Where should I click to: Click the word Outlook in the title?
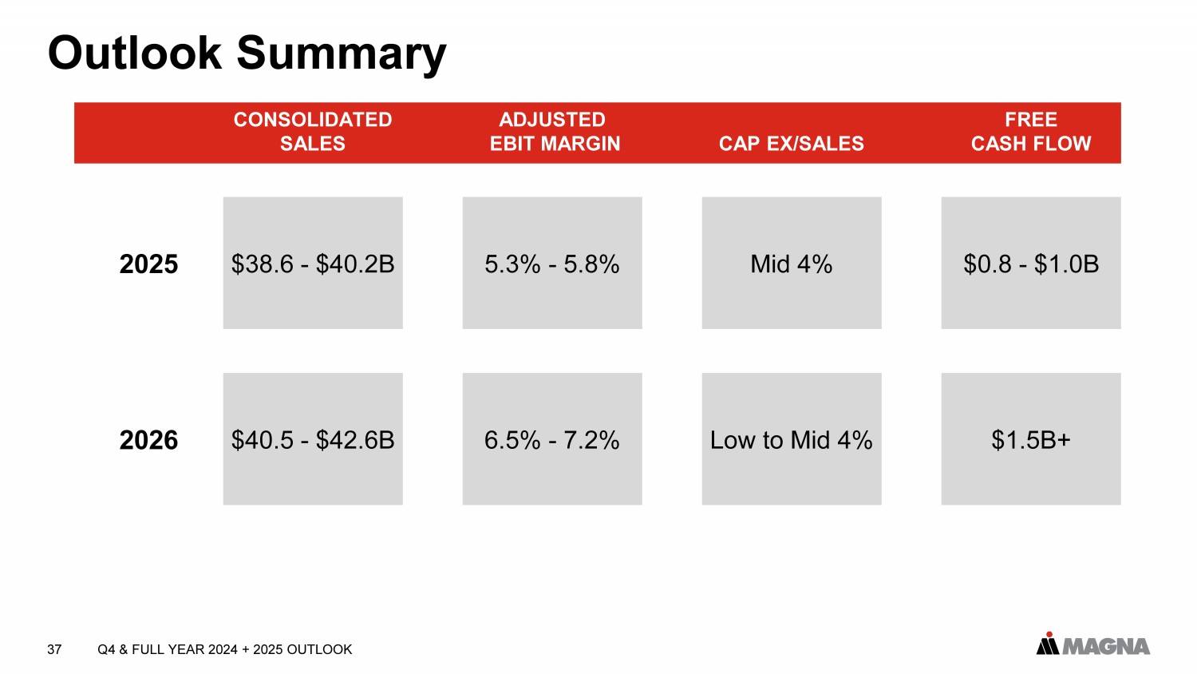134,54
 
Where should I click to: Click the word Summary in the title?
342,54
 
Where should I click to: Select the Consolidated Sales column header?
313,132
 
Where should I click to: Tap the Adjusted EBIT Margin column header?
554,132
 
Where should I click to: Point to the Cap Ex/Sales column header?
791,144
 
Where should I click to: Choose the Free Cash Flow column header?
1030,132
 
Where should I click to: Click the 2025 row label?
148,264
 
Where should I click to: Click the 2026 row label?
148,440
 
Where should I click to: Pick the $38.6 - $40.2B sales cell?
313,264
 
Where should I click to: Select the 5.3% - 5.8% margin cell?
552,264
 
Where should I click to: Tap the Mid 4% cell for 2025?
792,264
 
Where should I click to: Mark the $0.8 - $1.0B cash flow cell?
1031,264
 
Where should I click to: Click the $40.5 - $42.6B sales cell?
313,439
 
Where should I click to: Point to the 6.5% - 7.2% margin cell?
552,439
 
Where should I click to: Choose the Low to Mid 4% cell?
792,439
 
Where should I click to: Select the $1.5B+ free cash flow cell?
1031,439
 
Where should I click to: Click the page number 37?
54,649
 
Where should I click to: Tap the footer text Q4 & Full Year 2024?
168,649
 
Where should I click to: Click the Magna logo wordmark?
1106,646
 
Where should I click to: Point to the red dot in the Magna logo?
1048,635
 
